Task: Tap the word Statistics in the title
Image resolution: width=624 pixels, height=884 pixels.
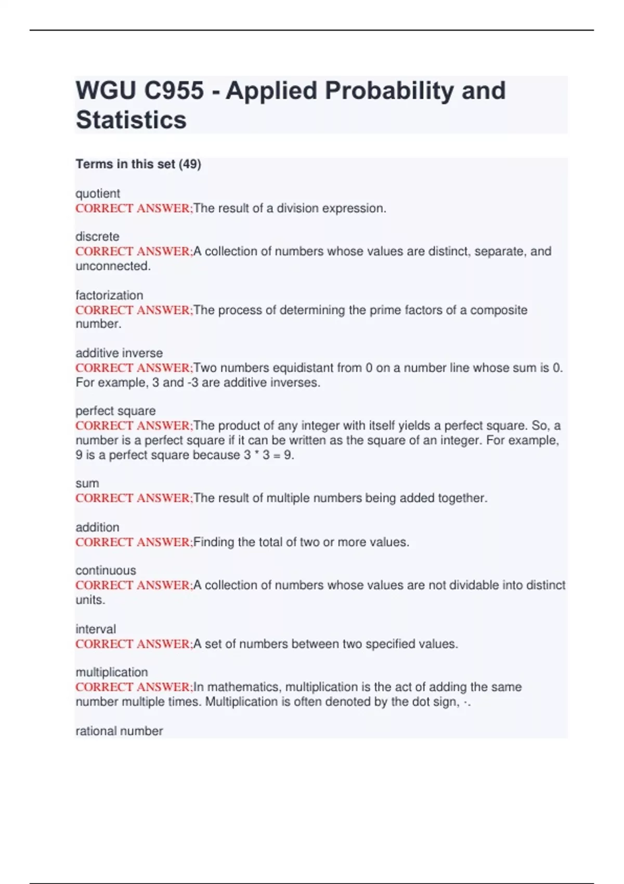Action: tap(131, 120)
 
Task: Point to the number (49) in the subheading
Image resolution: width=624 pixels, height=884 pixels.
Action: tap(190, 164)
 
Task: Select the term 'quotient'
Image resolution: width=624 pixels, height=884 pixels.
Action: tap(98, 193)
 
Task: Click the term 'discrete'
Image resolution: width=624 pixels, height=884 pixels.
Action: tap(97, 237)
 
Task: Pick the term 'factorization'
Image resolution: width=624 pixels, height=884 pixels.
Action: tap(109, 295)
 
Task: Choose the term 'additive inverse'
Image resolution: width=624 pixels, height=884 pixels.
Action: tap(119, 353)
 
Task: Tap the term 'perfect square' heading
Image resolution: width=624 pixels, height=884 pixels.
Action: tap(115, 411)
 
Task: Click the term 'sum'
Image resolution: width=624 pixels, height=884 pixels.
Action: tap(87, 484)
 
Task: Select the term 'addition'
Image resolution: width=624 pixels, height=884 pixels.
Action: tap(97, 527)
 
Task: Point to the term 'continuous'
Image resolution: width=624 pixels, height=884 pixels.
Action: tap(106, 570)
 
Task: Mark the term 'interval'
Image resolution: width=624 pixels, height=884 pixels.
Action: tap(96, 629)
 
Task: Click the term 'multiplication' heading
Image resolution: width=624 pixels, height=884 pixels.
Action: tap(112, 672)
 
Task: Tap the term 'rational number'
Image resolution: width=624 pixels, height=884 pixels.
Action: tap(119, 731)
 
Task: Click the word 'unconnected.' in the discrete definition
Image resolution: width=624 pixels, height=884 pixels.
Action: tap(113, 266)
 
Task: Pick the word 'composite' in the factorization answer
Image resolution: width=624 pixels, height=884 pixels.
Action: tap(499, 310)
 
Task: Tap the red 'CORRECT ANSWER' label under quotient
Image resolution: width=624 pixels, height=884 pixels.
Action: tap(133, 209)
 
